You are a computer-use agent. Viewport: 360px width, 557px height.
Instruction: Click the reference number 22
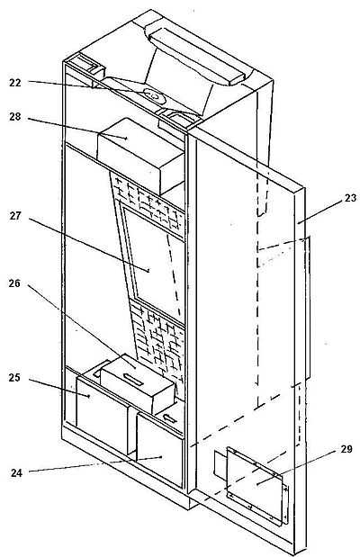pyautogui.click(x=15, y=83)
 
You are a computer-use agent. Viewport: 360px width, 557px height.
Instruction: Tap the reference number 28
pyautogui.click(x=15, y=116)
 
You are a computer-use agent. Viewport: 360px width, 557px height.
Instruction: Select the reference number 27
pyautogui.click(x=15, y=216)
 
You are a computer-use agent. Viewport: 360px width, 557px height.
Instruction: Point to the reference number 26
pyautogui.click(x=14, y=283)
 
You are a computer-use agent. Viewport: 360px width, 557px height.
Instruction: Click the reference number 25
pyautogui.click(x=14, y=378)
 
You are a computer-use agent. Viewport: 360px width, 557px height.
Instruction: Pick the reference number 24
pyautogui.click(x=16, y=472)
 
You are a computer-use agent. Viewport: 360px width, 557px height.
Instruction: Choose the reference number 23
pyautogui.click(x=350, y=198)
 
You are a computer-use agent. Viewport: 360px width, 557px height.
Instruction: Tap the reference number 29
pyautogui.click(x=346, y=449)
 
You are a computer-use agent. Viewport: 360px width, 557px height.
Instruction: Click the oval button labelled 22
pyautogui.click(x=154, y=95)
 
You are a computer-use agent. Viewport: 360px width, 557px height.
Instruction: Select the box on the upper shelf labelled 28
pyautogui.click(x=141, y=157)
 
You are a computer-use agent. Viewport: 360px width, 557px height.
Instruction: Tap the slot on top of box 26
pyautogui.click(x=131, y=379)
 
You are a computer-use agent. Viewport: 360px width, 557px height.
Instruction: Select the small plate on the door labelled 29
pyautogui.click(x=256, y=485)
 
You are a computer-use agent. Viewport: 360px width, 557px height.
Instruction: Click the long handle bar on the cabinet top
pyautogui.click(x=196, y=56)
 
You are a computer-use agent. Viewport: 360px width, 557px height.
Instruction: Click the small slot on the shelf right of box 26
pyautogui.click(x=170, y=418)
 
